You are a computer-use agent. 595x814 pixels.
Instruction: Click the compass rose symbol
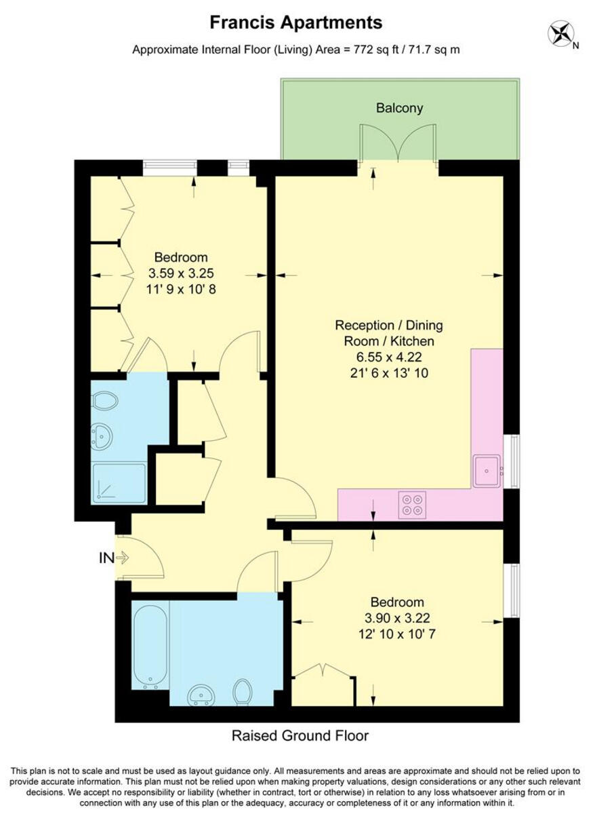coord(560,34)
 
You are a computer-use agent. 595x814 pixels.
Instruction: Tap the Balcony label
coord(399,108)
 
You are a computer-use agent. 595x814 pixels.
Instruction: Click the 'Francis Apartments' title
coord(296,22)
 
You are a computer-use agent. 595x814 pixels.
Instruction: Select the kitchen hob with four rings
coord(412,505)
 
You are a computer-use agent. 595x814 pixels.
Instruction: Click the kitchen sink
coord(487,471)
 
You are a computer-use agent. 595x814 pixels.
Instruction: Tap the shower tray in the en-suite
coord(119,482)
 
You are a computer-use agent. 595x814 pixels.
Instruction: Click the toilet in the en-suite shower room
coord(105,400)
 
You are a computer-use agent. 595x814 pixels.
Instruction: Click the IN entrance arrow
coord(123,558)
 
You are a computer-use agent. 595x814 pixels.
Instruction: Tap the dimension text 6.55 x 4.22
coord(389,357)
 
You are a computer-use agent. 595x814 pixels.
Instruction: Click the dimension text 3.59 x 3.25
coord(181,273)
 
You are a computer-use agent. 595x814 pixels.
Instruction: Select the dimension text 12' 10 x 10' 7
coord(397,634)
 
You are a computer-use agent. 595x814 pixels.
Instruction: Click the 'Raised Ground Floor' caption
coord(300,735)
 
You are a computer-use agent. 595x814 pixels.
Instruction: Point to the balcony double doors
coord(398,144)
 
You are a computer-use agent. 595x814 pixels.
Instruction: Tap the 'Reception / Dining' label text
coord(389,325)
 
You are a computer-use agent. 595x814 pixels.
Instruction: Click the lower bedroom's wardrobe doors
coord(323,672)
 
